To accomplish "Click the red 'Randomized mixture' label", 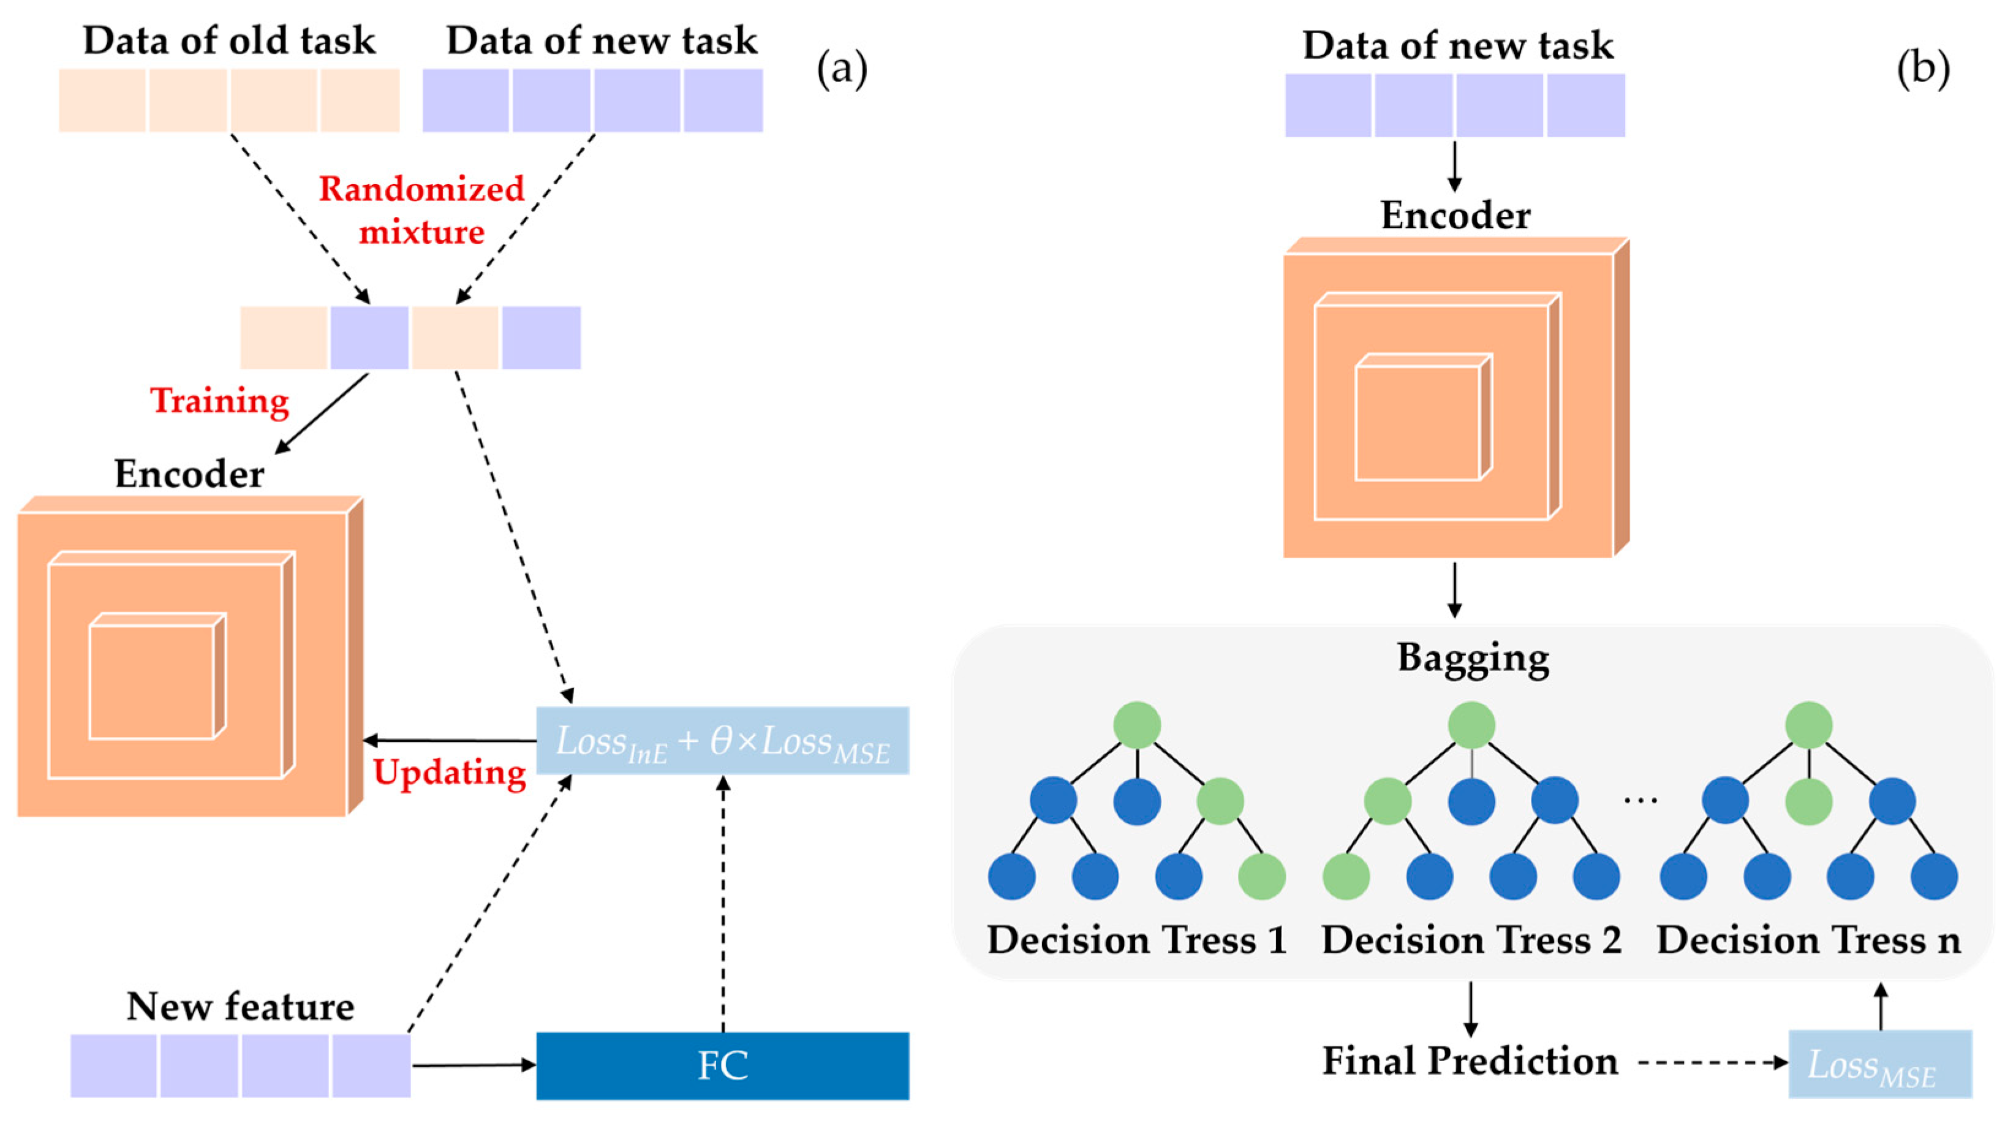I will [x=421, y=210].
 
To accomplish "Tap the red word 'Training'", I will [x=220, y=401].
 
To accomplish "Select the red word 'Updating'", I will [x=450, y=772].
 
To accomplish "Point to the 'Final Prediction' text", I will [x=1470, y=1061].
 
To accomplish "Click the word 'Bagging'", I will [x=1473, y=658].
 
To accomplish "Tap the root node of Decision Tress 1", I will [x=1137, y=725].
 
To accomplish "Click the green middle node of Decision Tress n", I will [x=1809, y=801].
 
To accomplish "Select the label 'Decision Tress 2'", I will [x=1471, y=940].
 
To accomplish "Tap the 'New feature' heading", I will [x=240, y=1007].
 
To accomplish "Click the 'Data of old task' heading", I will [x=229, y=40].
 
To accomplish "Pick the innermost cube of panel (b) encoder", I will [x=1418, y=422].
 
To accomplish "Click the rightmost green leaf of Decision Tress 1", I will [x=1261, y=876].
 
